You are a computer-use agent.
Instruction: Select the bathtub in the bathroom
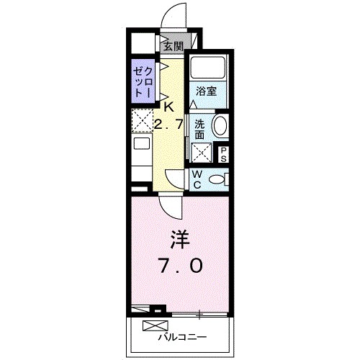(208, 70)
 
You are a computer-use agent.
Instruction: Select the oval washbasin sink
(220, 126)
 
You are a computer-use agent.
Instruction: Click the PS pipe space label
(223, 153)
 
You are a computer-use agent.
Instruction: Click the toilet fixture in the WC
(218, 179)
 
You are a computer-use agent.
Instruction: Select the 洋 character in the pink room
(179, 238)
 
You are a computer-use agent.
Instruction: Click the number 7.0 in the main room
(179, 264)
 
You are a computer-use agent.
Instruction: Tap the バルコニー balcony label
(183, 336)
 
